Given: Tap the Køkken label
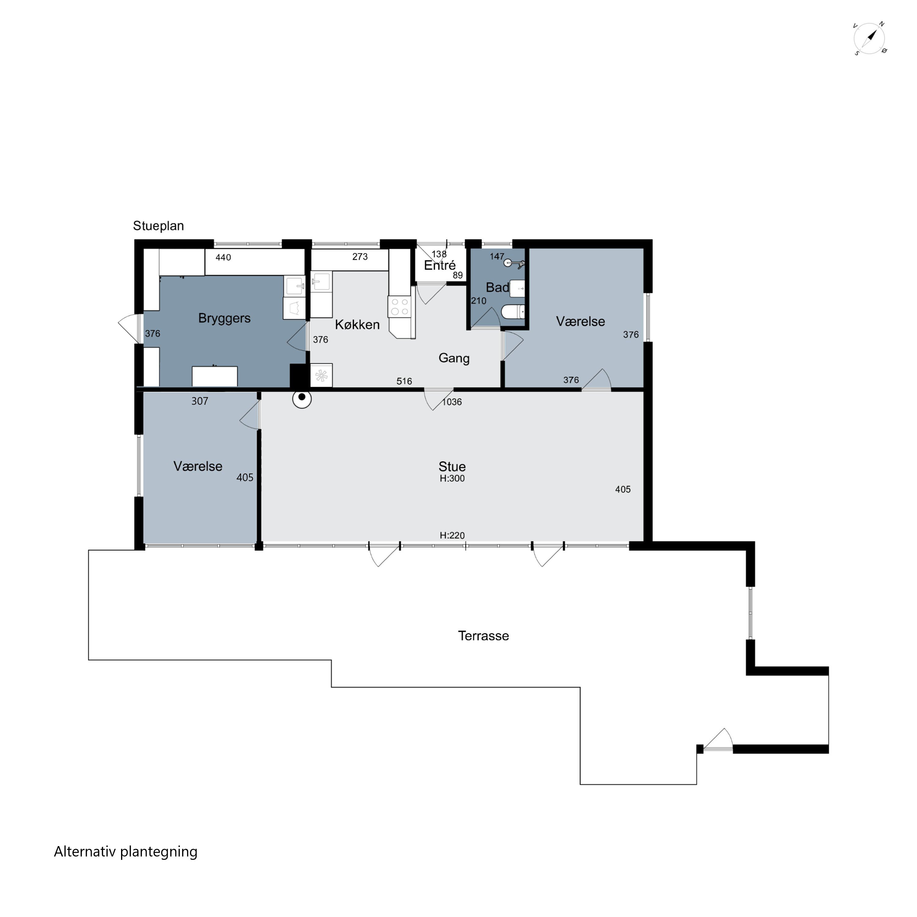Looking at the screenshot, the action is click(x=357, y=325).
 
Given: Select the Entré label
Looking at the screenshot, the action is click(x=440, y=266).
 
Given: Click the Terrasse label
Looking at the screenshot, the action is click(x=483, y=636).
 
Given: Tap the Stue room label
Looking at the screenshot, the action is click(x=452, y=466).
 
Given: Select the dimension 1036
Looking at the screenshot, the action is click(x=452, y=402).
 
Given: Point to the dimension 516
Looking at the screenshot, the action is click(x=404, y=381).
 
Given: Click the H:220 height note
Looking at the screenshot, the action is click(x=452, y=536).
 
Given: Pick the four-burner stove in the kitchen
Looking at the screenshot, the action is click(x=400, y=307).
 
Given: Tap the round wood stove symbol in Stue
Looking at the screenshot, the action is click(x=302, y=399).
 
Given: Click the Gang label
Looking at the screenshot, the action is click(x=454, y=358).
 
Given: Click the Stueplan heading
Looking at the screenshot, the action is click(x=159, y=226).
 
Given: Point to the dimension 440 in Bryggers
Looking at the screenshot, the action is click(x=223, y=257).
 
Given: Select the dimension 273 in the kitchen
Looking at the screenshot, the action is click(x=360, y=257).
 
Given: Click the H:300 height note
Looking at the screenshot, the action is click(x=452, y=478).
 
